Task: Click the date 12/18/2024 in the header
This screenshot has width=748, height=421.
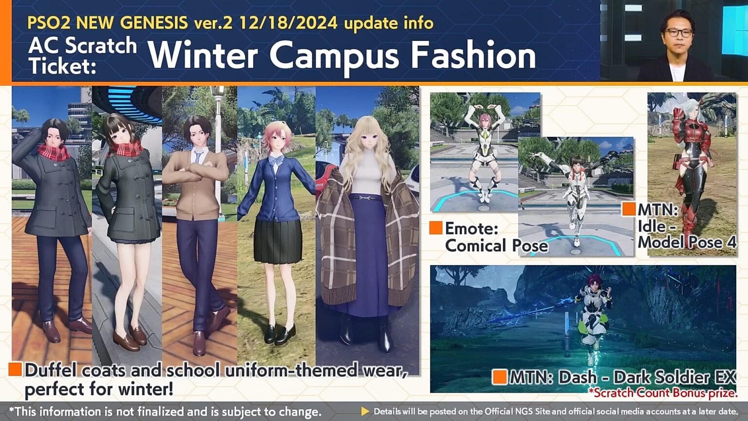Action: [288, 23]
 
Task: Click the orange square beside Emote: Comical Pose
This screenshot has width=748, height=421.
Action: [435, 228]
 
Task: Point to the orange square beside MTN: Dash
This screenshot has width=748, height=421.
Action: [500, 377]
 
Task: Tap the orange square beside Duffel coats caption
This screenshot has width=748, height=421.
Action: [15, 369]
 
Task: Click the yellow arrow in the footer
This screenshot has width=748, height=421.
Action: [365, 412]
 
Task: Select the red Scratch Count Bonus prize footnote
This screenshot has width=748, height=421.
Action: [662, 393]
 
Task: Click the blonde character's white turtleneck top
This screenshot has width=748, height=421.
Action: [368, 177]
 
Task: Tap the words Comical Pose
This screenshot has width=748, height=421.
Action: [496, 246]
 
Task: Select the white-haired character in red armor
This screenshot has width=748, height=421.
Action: [691, 166]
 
